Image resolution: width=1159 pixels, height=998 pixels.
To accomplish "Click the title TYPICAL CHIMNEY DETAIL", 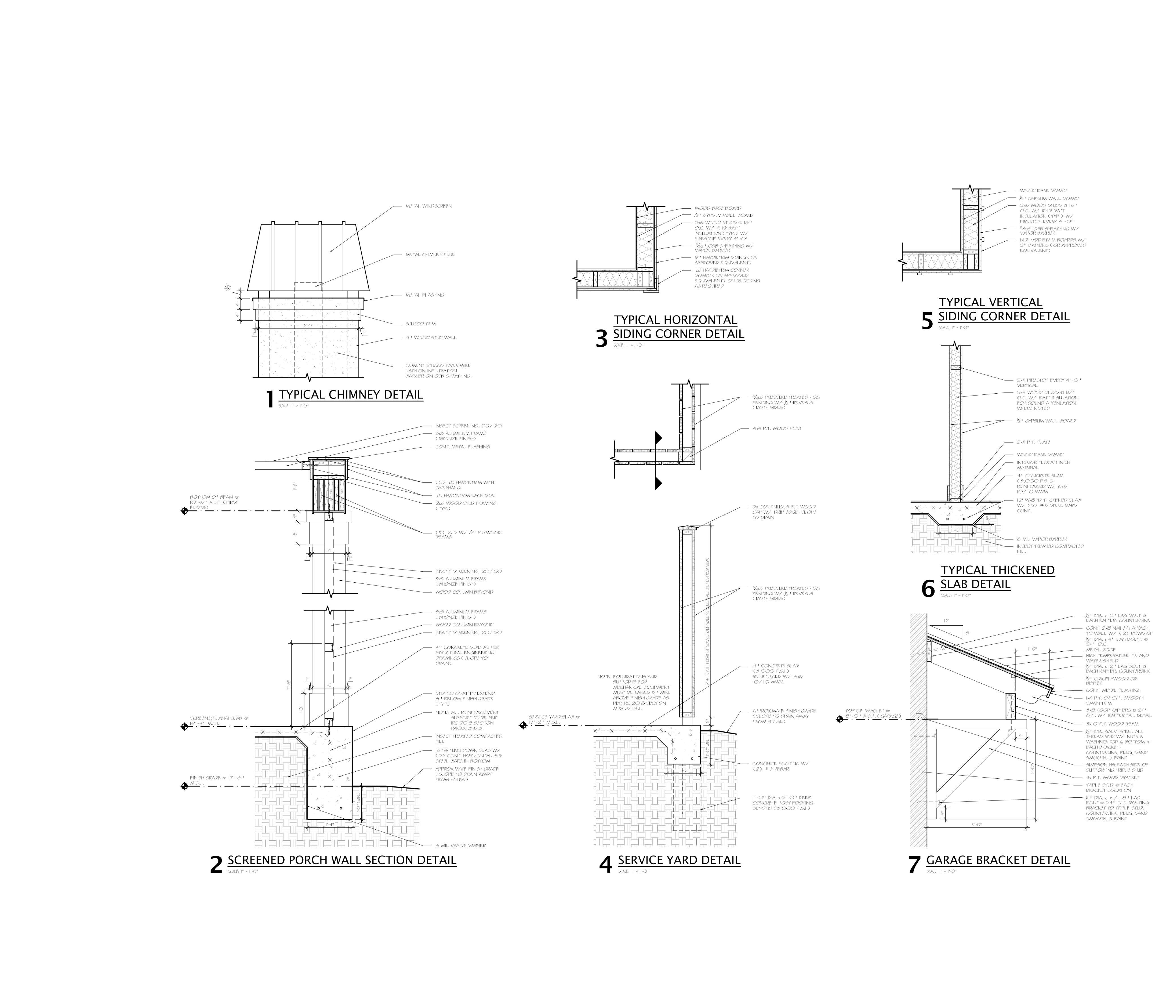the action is pos(351,395).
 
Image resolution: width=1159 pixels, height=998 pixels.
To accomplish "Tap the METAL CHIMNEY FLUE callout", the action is pos(430,255).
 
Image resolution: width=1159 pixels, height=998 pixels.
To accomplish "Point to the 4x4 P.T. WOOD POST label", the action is pos(777,428).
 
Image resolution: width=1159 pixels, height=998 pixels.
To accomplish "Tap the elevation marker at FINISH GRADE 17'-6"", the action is pos(184,786).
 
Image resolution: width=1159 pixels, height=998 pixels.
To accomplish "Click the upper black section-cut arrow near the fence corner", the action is pos(658,437).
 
